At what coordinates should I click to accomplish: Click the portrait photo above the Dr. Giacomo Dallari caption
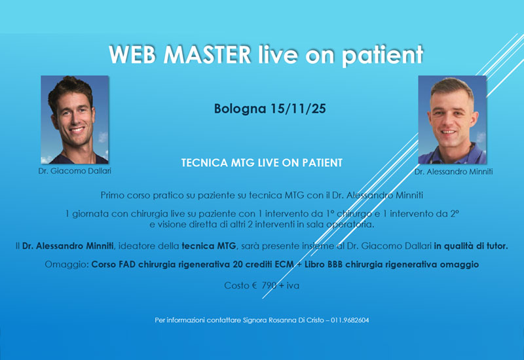coord(75,119)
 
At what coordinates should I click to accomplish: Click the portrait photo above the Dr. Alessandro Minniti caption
coord(452,119)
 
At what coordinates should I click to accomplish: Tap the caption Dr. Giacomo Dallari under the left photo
coord(74,170)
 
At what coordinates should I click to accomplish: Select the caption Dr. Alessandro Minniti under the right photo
coord(452,171)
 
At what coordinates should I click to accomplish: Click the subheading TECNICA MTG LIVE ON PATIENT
coord(261,162)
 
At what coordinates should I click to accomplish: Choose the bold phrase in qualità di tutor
coord(470,245)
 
